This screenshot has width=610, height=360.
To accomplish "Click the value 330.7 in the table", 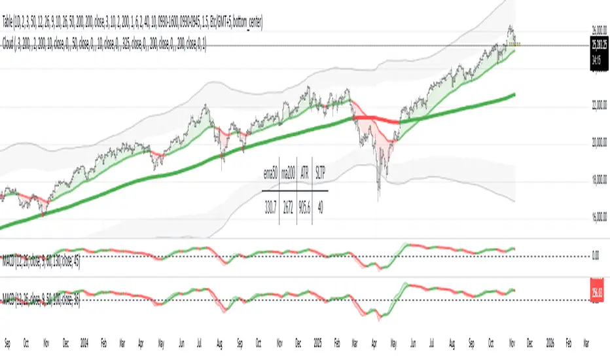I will (270, 204).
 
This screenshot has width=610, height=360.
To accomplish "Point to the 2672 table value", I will (288, 204).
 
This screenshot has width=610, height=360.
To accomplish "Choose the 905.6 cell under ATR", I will (304, 204).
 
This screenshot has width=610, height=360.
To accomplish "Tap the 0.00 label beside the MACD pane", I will (595, 257).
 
